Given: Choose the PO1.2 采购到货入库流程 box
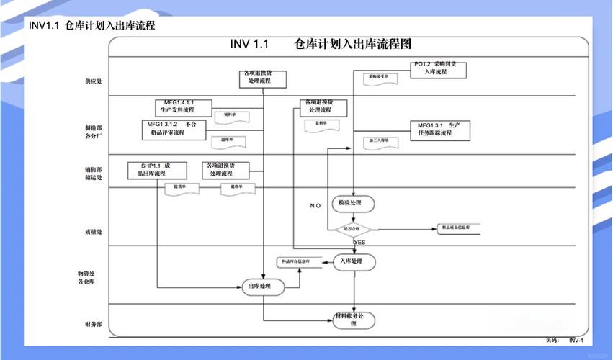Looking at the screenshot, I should point(439,69).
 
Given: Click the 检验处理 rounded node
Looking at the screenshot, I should point(354,204).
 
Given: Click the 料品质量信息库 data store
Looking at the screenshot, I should point(458,228).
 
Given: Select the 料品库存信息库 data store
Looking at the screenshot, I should point(296,261).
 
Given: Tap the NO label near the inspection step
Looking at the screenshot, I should point(316,206).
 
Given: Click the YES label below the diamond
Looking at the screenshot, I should point(359,243).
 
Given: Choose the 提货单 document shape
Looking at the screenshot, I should point(182,188).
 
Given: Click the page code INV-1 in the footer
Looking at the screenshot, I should point(576,340).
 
